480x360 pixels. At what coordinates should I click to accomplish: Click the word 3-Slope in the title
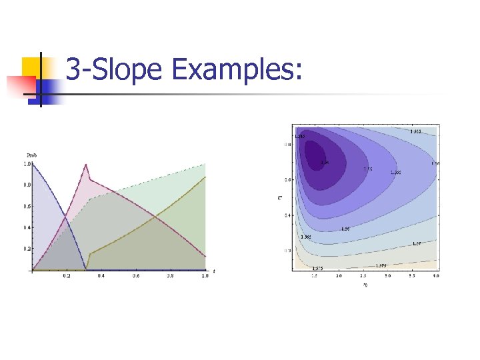[114, 69]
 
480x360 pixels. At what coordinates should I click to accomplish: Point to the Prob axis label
[31, 155]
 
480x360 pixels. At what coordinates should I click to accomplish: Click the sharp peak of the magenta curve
[85, 165]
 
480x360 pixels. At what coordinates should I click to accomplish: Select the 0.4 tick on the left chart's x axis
[101, 275]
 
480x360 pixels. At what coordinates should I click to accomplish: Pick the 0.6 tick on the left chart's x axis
[135, 275]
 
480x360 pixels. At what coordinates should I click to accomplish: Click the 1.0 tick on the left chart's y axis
[27, 163]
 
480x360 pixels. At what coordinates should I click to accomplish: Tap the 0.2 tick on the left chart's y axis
[27, 249]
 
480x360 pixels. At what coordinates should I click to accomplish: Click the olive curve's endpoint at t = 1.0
[205, 177]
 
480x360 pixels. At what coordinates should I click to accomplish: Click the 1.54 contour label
[325, 162]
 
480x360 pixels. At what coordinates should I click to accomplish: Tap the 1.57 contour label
[416, 244]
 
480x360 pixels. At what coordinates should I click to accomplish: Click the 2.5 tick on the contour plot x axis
[363, 275]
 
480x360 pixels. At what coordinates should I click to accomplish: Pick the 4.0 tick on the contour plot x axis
[435, 275]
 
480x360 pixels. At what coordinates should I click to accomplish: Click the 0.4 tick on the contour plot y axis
[288, 215]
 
